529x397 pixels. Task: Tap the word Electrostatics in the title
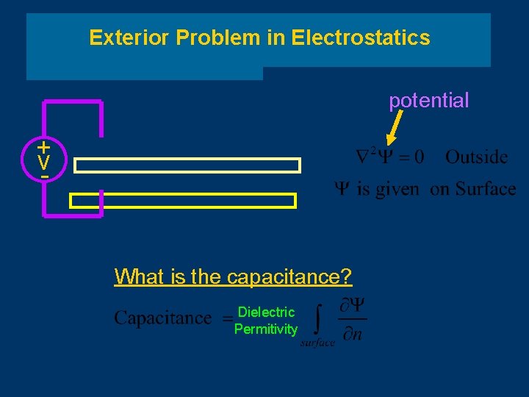point(361,37)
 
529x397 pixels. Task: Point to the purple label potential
point(428,101)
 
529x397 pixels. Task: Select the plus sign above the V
point(45,146)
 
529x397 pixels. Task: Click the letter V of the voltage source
point(45,162)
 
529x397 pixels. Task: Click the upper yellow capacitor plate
point(187,165)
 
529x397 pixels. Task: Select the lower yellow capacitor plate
point(183,201)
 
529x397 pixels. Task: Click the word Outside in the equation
point(476,157)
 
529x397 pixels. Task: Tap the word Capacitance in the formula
point(162,318)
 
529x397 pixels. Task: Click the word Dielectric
point(266,312)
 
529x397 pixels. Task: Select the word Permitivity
point(266,329)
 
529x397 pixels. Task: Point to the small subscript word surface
point(317,343)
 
